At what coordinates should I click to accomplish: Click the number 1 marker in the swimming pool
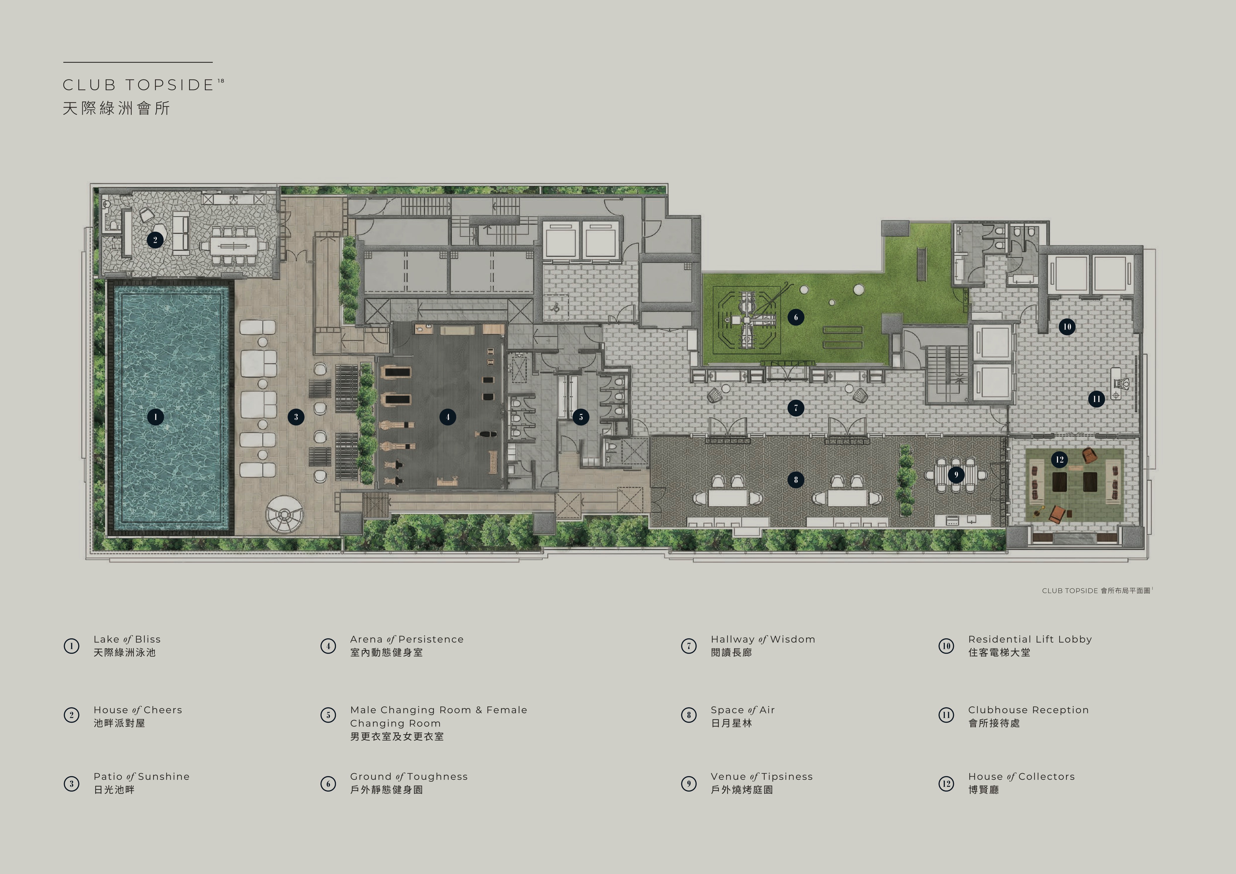coord(156,417)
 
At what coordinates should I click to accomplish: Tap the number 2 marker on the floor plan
coord(155,240)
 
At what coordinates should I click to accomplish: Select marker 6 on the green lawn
coord(796,317)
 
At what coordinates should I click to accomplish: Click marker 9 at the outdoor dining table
coord(956,474)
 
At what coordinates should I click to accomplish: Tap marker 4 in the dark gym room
coord(447,417)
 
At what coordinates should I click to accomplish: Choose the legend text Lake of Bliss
coord(127,639)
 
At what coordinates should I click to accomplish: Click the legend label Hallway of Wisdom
coord(763,639)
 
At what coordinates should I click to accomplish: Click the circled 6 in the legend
coord(328,783)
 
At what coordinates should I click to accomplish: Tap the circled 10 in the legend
coord(946,646)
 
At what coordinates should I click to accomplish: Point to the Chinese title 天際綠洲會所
coord(116,108)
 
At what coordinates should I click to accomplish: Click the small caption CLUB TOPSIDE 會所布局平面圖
coord(1096,591)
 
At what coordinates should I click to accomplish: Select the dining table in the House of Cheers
coord(234,246)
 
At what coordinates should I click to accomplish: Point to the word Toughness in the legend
coord(438,777)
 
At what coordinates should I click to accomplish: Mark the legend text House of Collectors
coord(1021,777)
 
